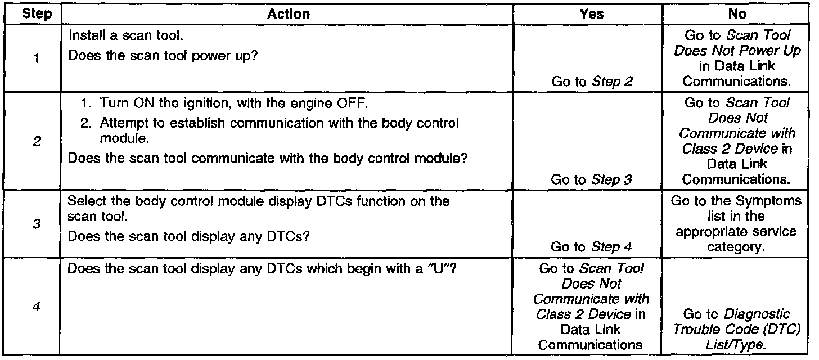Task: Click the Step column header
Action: (33, 14)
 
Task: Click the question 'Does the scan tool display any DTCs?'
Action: (188, 236)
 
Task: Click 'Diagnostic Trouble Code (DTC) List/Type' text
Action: (737, 329)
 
